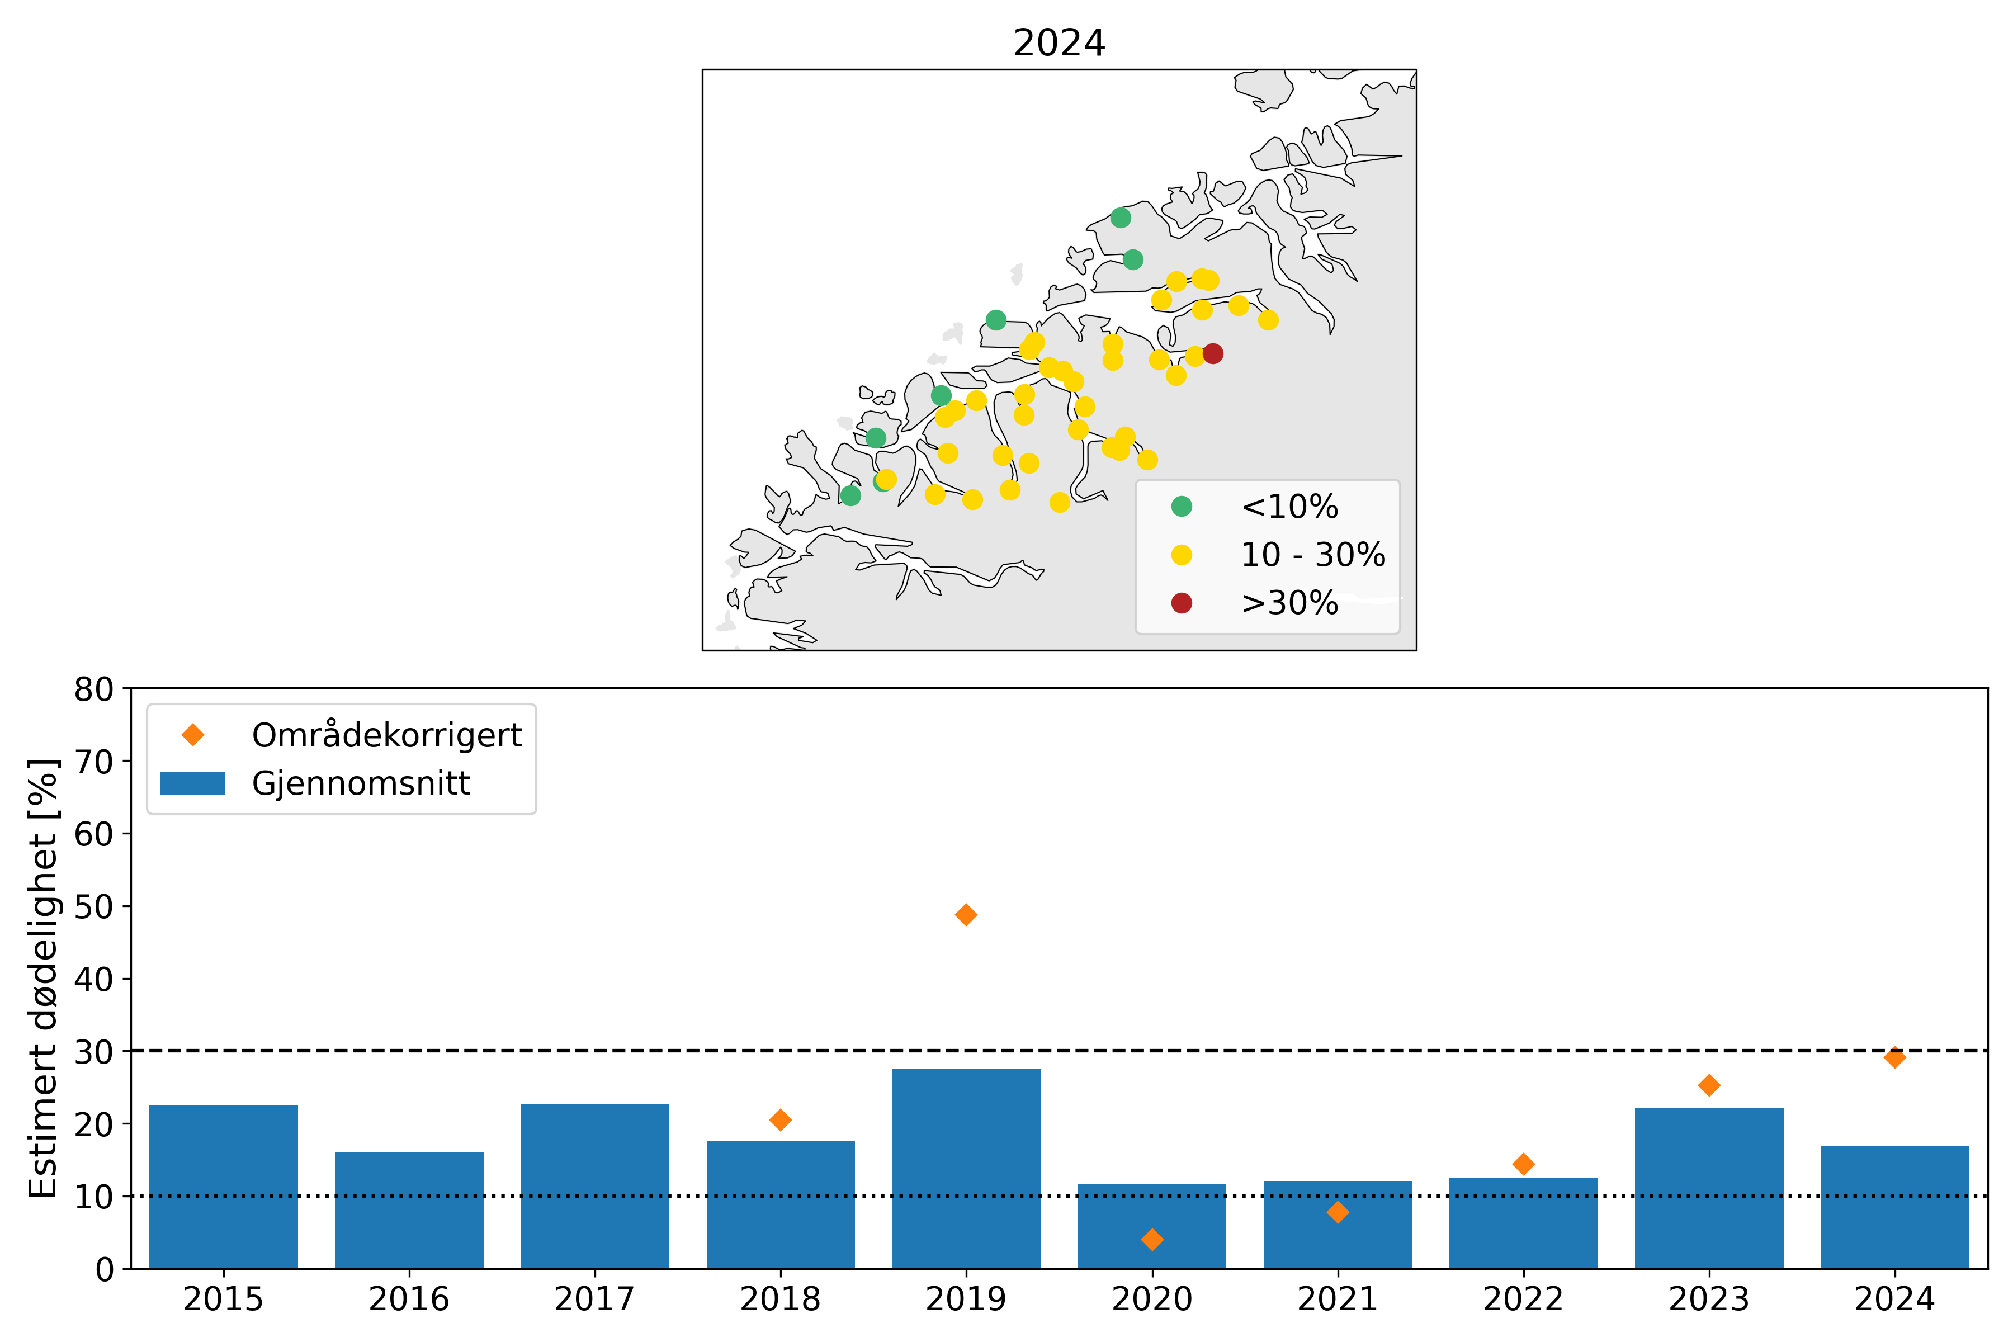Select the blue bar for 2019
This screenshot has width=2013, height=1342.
(x=966, y=1168)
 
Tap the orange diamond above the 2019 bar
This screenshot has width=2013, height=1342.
(x=966, y=915)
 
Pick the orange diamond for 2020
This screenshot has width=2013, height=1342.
(x=1152, y=1239)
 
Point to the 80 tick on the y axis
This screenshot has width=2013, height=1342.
(x=93, y=689)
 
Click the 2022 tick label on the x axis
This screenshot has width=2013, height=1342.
(x=1523, y=1299)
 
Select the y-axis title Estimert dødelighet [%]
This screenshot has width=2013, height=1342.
(x=43, y=977)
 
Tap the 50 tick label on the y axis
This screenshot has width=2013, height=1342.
(x=93, y=906)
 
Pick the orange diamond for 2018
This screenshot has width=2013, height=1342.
(x=779, y=1119)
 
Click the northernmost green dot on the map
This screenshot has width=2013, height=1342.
(x=1121, y=218)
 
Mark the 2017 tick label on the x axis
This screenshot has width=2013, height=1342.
(x=594, y=1299)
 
